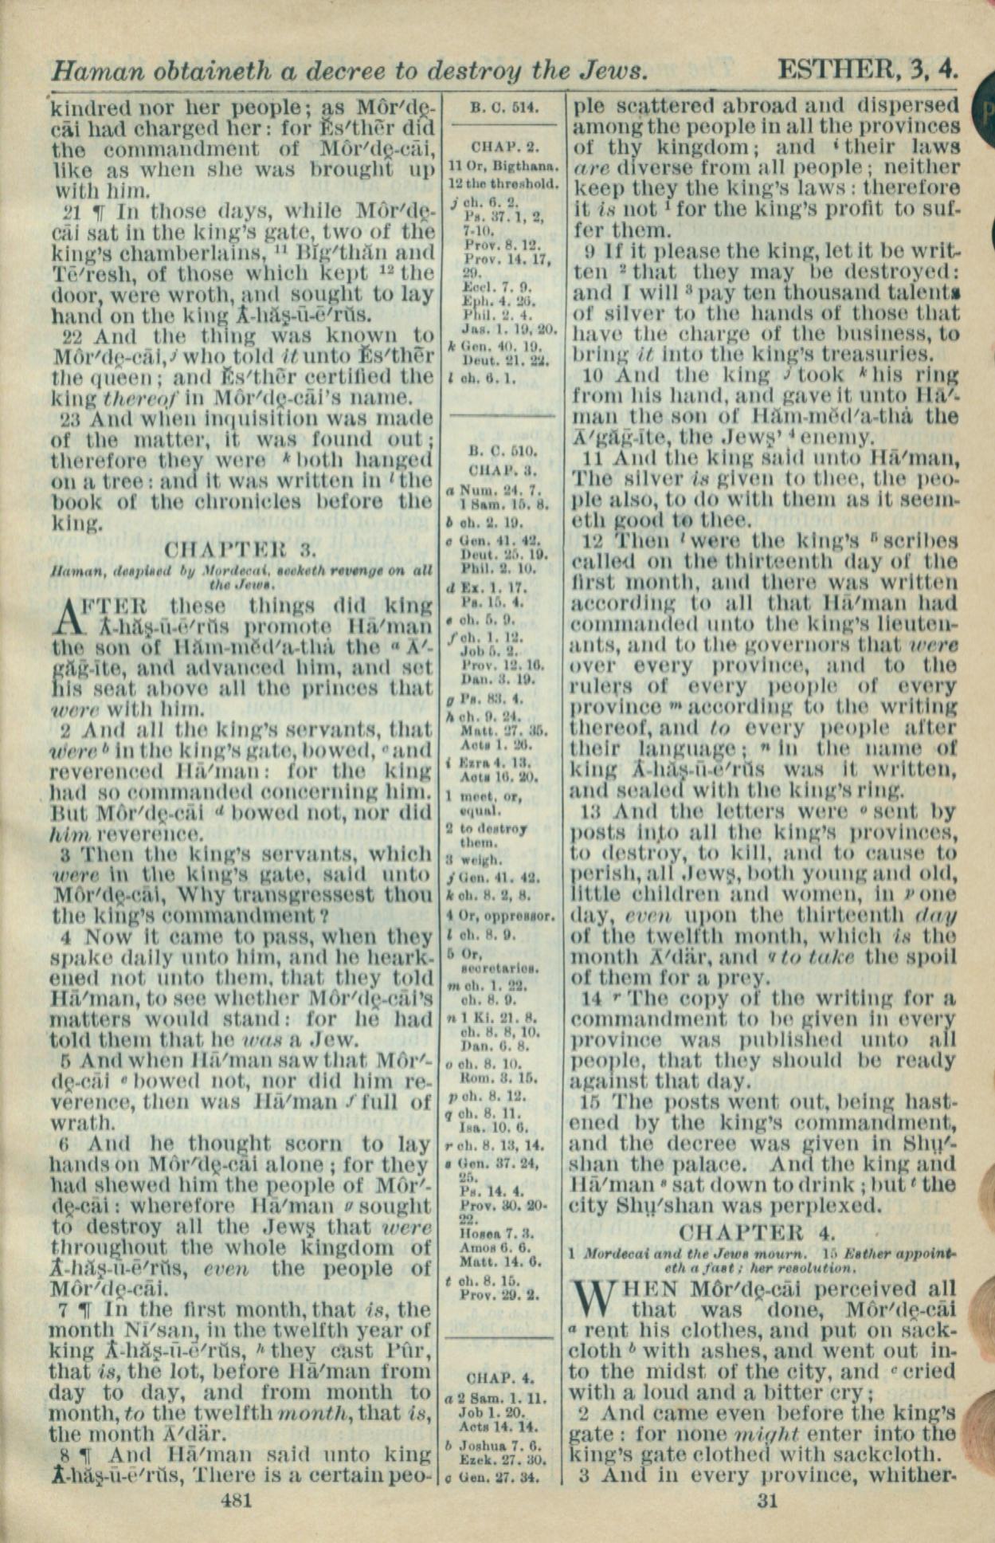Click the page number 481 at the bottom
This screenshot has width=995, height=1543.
237,1500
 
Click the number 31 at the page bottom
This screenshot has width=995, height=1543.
766,1500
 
